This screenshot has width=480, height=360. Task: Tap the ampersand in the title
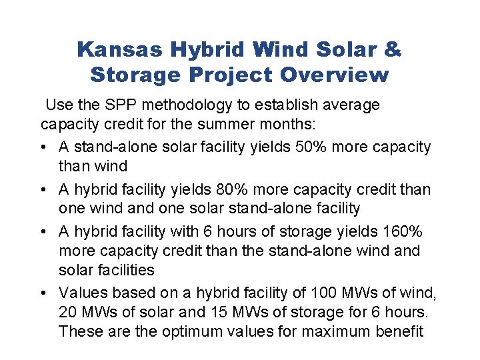coord(393,49)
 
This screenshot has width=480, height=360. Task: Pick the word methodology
coord(189,105)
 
